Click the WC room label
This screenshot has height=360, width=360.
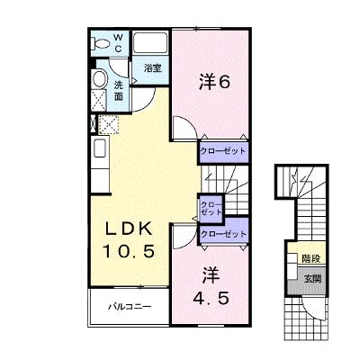(x=118, y=42)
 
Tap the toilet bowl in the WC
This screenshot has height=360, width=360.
(x=101, y=44)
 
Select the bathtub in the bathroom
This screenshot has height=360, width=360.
(x=150, y=42)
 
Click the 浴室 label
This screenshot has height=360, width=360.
(x=153, y=68)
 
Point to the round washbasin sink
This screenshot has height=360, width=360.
(x=100, y=78)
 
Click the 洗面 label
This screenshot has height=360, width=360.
(x=119, y=91)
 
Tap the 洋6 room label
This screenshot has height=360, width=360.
(x=214, y=82)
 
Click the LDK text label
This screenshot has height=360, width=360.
(x=128, y=230)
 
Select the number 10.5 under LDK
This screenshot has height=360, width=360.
(x=129, y=251)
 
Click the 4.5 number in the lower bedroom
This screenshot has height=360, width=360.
(x=211, y=298)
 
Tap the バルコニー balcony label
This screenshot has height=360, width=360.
(x=130, y=307)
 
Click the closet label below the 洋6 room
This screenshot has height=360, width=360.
(x=223, y=151)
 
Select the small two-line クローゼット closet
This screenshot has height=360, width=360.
(x=211, y=209)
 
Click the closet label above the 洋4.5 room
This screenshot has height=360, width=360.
(x=223, y=234)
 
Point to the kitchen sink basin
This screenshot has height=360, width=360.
(x=100, y=148)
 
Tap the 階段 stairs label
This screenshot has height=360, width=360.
(x=310, y=258)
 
